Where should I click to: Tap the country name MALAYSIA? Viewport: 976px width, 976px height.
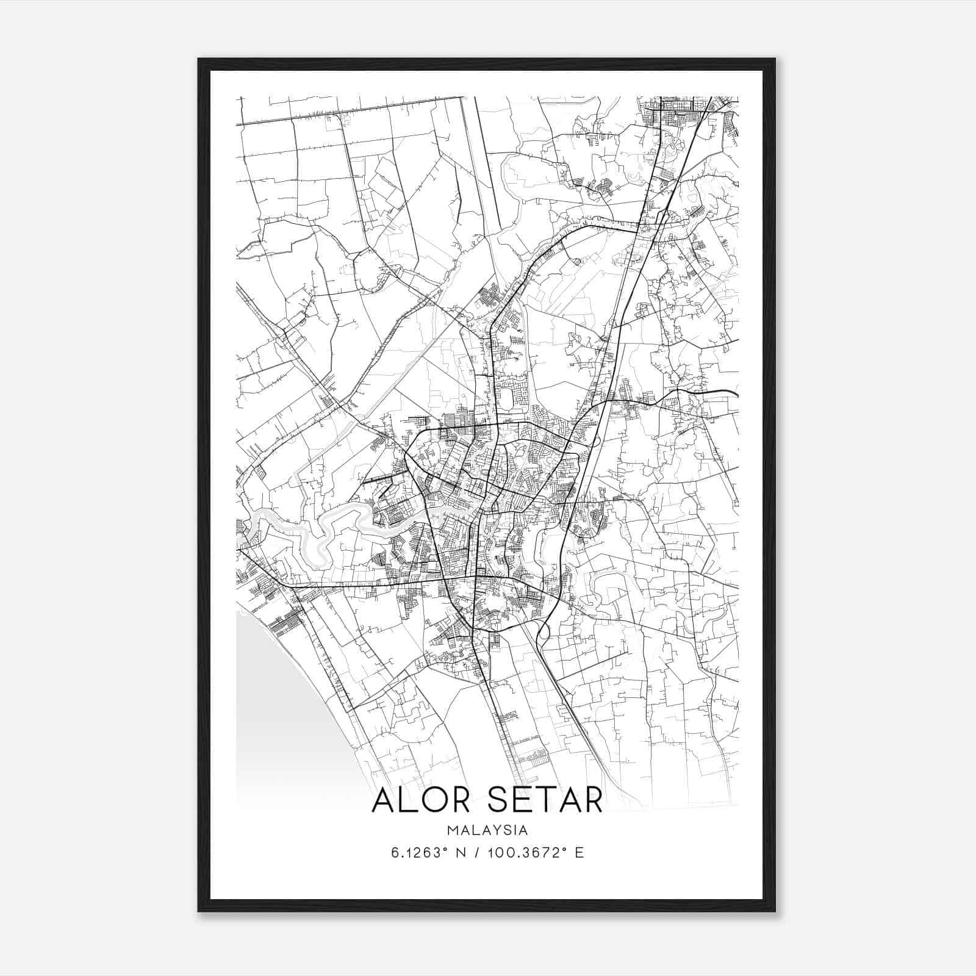click(x=487, y=830)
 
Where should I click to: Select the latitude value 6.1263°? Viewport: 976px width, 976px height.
click(x=417, y=852)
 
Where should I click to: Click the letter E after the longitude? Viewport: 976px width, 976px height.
click(x=579, y=852)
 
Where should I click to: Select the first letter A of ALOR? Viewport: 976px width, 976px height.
click(x=383, y=800)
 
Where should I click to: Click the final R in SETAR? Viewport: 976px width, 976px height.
click(x=592, y=800)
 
